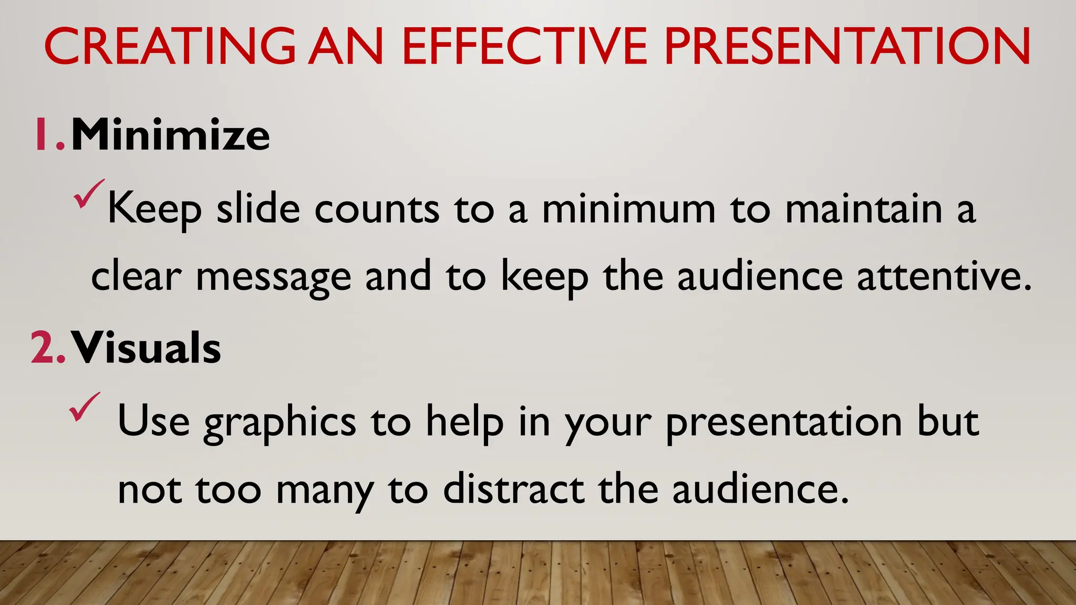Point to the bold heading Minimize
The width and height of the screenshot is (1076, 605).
coord(170,135)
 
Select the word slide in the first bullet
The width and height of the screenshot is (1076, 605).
coord(258,209)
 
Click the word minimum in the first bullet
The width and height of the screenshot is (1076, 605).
coord(628,209)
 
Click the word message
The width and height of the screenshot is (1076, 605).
coord(273,277)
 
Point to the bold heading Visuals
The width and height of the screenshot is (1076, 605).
coord(146,348)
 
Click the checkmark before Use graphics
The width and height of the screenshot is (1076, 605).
coord(84,406)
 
